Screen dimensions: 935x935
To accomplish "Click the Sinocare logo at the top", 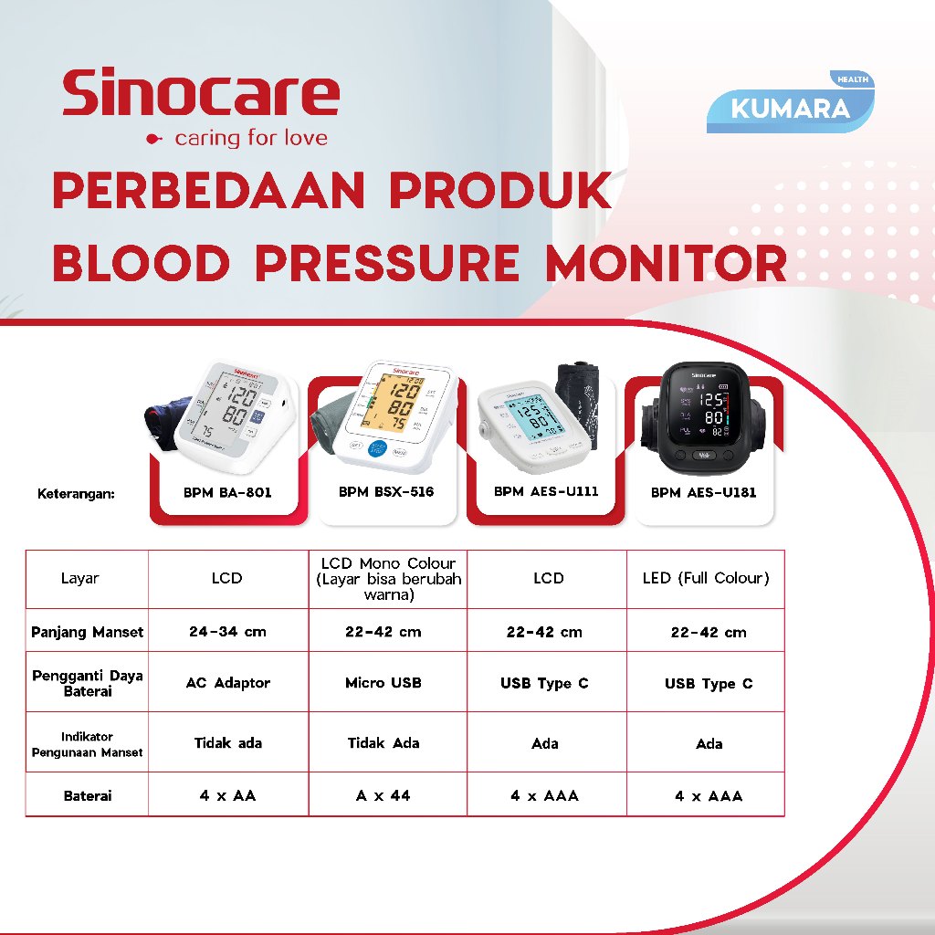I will point(200,108).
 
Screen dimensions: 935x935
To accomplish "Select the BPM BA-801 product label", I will point(228,492).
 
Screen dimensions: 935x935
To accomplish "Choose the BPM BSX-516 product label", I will point(386,492).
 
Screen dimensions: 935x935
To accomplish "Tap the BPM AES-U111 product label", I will point(546,491).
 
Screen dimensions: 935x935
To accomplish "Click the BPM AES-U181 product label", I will point(703,492).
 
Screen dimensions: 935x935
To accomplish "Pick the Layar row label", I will point(80,578).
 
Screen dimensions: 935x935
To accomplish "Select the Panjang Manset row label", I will point(87,631).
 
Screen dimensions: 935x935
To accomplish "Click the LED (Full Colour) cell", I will point(706,578).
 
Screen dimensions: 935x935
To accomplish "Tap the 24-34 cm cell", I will point(227,631).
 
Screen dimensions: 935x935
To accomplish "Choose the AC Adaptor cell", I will point(228,683).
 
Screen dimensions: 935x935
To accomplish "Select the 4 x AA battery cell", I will point(227,795).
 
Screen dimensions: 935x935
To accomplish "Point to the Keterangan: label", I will point(78,494).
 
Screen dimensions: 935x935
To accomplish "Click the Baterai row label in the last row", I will point(88,795).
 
